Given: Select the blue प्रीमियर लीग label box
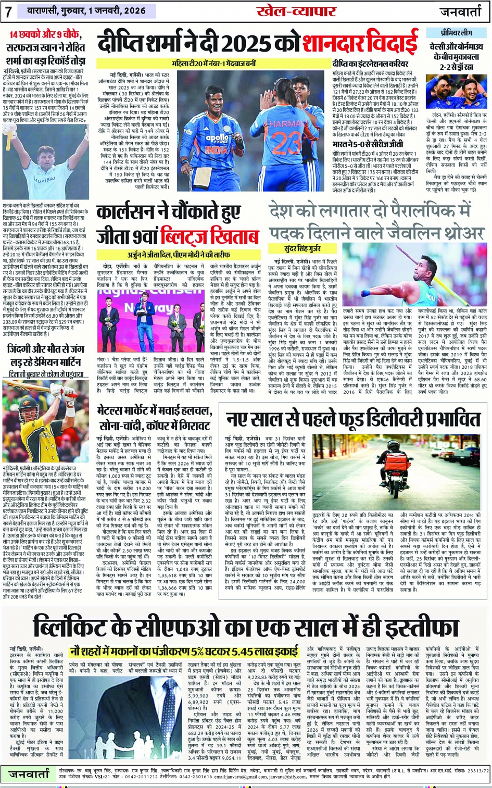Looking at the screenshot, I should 456,33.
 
